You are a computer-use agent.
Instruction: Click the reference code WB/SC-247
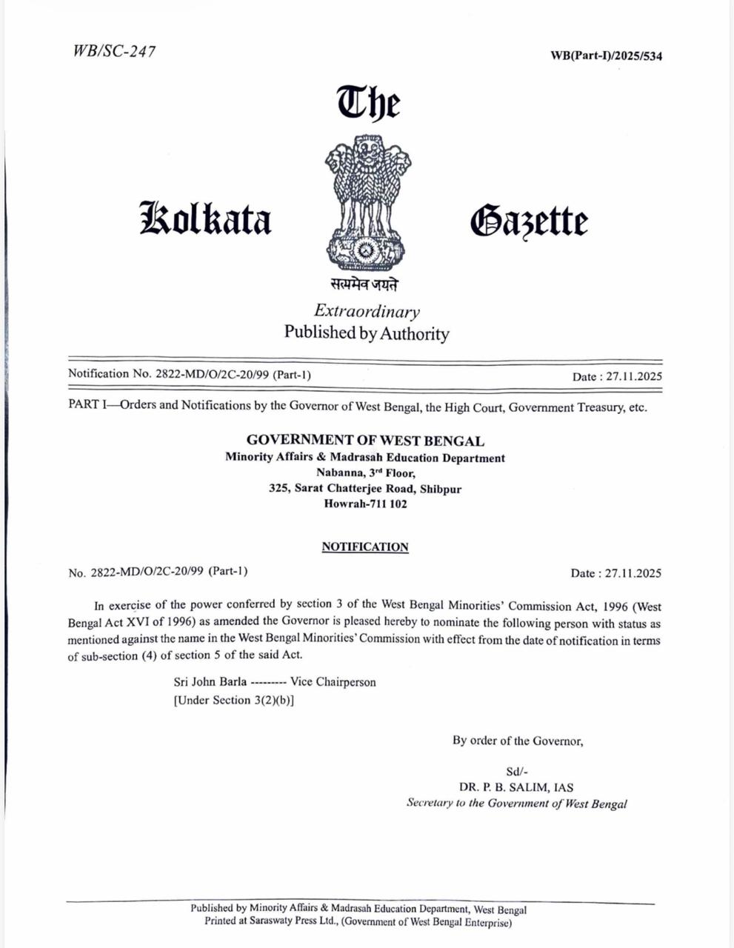114,51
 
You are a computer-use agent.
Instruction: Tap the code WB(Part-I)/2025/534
607,56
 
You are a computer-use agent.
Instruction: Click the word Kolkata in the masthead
206,218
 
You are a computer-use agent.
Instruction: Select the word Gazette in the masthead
529,221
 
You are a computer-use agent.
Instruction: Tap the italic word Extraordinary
367,311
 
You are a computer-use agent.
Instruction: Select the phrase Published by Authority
367,333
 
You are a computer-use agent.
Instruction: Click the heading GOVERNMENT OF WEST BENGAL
366,441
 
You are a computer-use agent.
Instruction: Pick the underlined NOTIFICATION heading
365,547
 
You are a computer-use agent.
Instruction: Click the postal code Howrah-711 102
366,504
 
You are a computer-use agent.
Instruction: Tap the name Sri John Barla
210,681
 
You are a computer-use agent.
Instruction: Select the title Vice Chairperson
333,681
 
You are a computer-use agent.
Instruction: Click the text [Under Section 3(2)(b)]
234,700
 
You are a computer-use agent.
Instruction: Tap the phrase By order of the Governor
518,740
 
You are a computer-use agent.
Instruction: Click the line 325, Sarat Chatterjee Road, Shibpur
365,488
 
